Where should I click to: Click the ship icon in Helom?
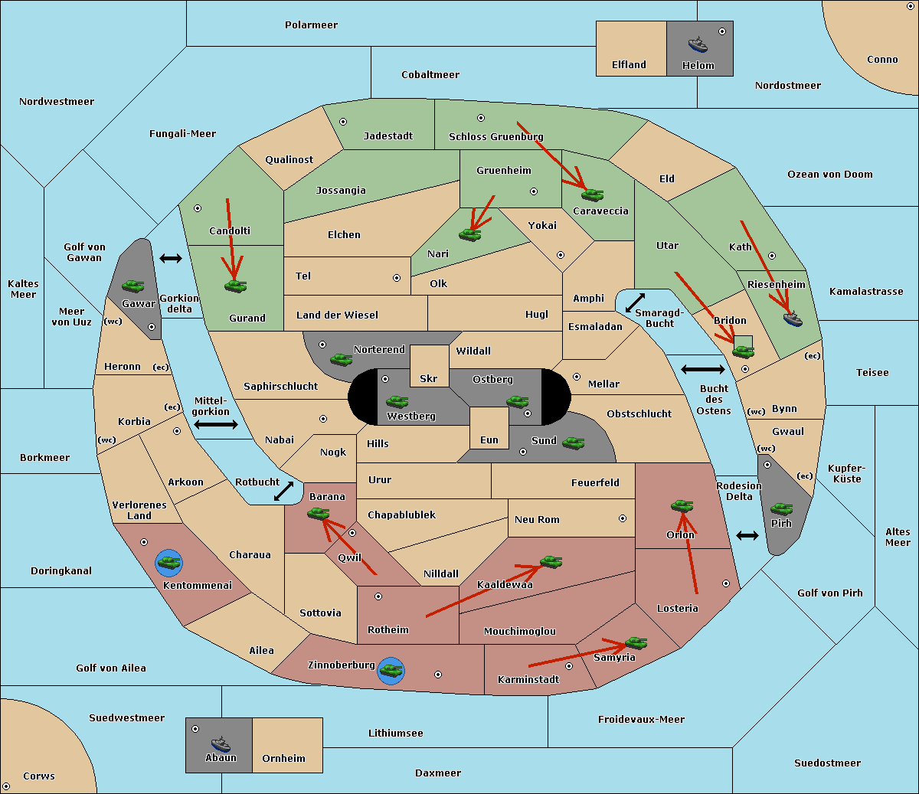[698, 44]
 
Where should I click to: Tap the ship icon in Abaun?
[221, 743]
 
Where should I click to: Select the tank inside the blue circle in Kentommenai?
[169, 563]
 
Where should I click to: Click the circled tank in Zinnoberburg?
[391, 671]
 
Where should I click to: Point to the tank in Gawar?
[133, 286]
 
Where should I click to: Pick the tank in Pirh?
[781, 508]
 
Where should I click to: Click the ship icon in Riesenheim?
[793, 319]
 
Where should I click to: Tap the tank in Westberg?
[397, 401]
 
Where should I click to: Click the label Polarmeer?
[311, 25]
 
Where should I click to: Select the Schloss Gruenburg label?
[496, 136]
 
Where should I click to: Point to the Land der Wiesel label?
[337, 315]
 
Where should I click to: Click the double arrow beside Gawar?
[171, 258]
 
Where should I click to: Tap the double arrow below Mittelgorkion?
[216, 424]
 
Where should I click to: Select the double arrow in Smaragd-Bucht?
[635, 302]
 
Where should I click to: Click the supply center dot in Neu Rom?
[623, 518]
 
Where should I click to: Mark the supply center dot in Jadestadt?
[343, 122]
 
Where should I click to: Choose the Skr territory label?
[429, 378]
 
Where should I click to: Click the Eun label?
[489, 439]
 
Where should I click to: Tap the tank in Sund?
[573, 443]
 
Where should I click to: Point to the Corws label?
[39, 776]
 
